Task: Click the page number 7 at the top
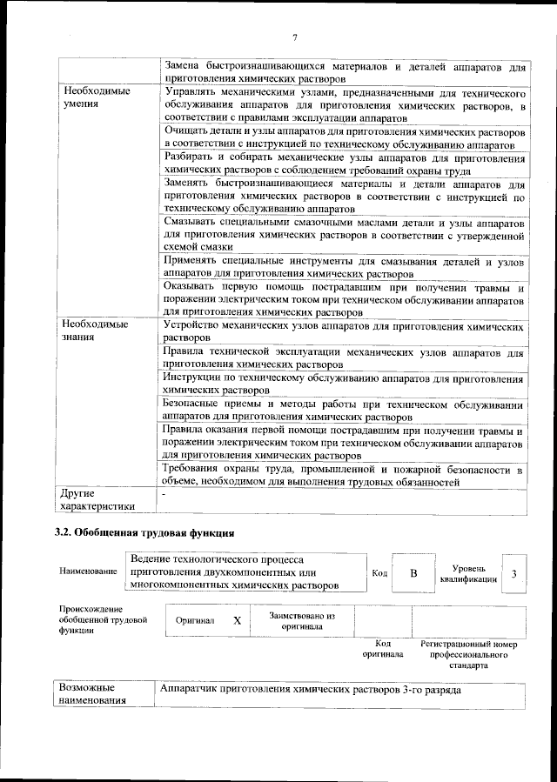point(295,37)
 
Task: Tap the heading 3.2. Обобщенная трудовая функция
point(144,531)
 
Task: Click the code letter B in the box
point(413,573)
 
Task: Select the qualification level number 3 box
point(514,573)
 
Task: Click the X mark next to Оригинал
point(237,621)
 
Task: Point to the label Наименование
point(88,571)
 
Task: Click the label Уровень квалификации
point(468,573)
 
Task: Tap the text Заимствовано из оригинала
point(302,621)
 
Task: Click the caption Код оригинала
point(383,649)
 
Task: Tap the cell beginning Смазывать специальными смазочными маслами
point(343,236)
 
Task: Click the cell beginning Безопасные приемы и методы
point(343,410)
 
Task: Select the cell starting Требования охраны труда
point(343,476)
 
